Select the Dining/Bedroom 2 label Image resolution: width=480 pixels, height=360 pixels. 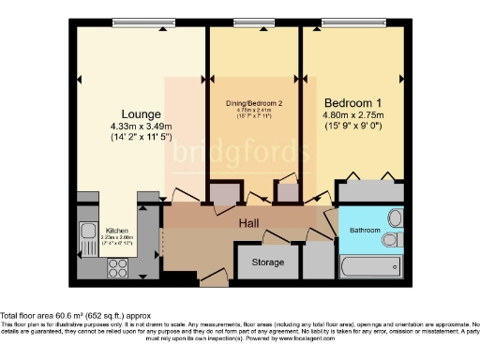[253, 104]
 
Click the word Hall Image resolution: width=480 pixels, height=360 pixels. [248, 224]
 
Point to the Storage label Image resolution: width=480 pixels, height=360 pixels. [268, 262]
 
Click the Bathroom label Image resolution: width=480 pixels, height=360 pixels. [365, 229]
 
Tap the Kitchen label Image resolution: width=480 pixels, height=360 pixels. [117, 230]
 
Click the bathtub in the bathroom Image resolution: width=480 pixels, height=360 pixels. [371, 266]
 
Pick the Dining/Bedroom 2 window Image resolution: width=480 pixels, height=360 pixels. [250, 23]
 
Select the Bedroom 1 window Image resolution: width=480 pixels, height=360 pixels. [350, 23]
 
